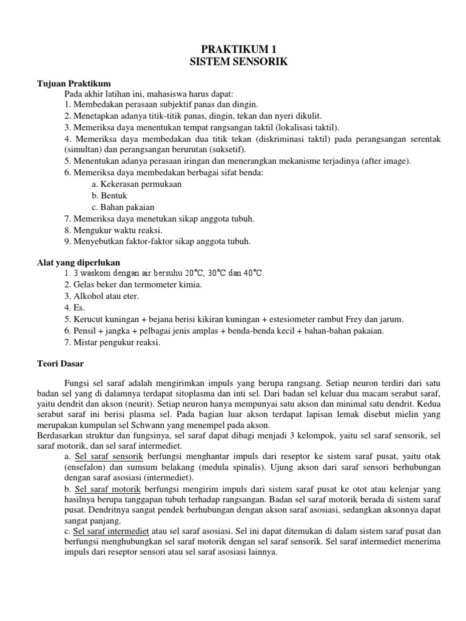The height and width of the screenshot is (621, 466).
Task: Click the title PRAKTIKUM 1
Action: (x=234, y=49)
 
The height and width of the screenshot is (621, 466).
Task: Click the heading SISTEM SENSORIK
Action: (x=234, y=62)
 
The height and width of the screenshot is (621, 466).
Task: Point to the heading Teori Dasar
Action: (x=61, y=364)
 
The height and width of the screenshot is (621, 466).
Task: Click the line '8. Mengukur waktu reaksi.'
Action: (x=113, y=230)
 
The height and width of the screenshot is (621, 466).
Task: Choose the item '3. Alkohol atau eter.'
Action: (x=101, y=296)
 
